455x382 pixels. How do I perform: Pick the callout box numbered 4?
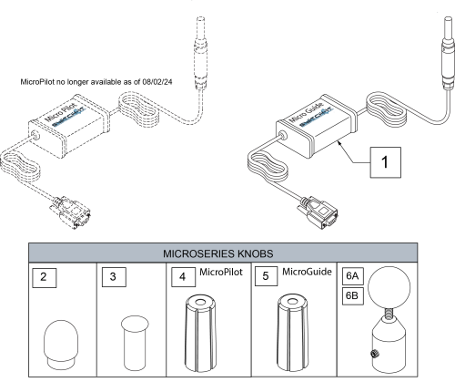(x=181, y=276)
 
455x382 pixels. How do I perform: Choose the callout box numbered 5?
(x=266, y=276)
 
